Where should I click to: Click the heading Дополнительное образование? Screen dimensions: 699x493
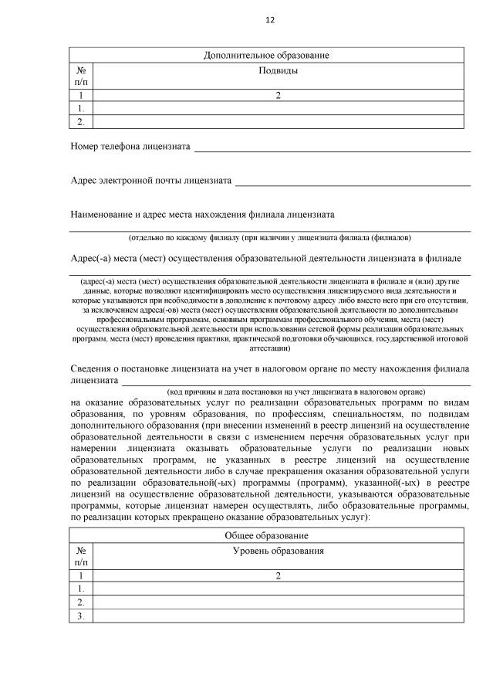click(266, 56)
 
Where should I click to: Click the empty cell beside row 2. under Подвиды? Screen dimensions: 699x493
click(278, 121)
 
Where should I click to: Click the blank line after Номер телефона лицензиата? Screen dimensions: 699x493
click(332, 147)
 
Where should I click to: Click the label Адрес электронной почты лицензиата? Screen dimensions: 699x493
click(150, 181)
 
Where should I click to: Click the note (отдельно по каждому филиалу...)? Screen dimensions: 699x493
click(269, 237)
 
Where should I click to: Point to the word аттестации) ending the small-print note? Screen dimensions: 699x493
click(269, 348)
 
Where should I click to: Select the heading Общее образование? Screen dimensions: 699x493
click(266, 535)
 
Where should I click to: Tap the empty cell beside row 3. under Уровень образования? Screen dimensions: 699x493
click(278, 616)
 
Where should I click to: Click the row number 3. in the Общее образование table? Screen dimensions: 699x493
click(81, 616)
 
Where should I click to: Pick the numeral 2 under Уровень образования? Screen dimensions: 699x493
click(278, 575)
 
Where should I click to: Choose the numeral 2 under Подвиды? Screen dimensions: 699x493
click(278, 96)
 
